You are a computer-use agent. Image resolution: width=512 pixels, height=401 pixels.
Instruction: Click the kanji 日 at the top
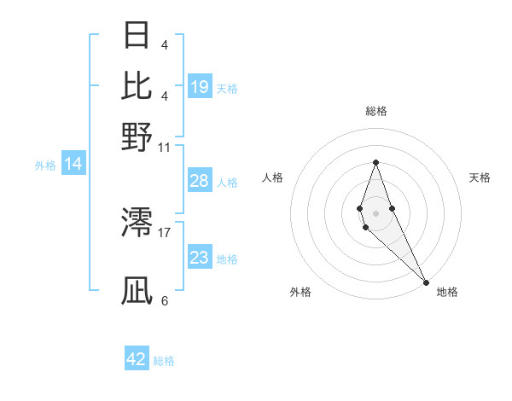(x=137, y=36)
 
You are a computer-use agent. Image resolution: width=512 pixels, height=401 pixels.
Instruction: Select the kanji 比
(x=137, y=85)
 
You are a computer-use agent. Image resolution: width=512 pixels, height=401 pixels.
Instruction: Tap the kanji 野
(x=137, y=137)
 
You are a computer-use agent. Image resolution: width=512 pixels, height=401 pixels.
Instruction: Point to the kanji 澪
(x=137, y=224)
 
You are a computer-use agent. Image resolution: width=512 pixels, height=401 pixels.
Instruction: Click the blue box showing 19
(x=200, y=87)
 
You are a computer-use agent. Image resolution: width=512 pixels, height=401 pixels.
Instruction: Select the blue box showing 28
(x=200, y=181)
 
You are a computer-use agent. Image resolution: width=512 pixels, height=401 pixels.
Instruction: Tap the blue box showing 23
(x=200, y=258)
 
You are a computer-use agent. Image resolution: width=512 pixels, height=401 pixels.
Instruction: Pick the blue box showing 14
(x=73, y=165)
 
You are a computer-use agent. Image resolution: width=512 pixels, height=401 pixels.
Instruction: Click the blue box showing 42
(x=137, y=359)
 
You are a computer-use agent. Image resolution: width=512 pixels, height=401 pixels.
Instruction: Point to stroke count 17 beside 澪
(x=166, y=231)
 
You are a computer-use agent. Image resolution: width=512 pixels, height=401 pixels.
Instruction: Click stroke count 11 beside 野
(x=165, y=146)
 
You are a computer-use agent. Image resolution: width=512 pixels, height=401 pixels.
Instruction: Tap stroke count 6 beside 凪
(x=165, y=300)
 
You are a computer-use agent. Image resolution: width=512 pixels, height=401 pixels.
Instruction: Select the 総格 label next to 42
(x=164, y=361)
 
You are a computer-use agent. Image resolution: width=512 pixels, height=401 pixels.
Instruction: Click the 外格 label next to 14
(x=45, y=166)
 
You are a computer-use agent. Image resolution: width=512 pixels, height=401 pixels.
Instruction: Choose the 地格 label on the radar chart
(x=447, y=292)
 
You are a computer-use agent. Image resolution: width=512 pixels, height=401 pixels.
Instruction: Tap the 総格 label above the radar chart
(x=375, y=111)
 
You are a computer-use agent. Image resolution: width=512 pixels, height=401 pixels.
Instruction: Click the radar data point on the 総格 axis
(x=375, y=162)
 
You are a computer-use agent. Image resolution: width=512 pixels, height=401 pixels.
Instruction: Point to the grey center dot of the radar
(x=375, y=212)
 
